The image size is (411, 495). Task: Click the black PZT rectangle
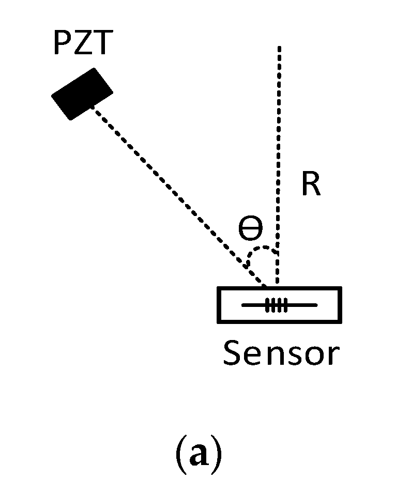82,94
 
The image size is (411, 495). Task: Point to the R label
311,185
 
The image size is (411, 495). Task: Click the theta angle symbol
250,228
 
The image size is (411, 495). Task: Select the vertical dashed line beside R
279,155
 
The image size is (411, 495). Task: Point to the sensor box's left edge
219,305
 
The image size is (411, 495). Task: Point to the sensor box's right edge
340,305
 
